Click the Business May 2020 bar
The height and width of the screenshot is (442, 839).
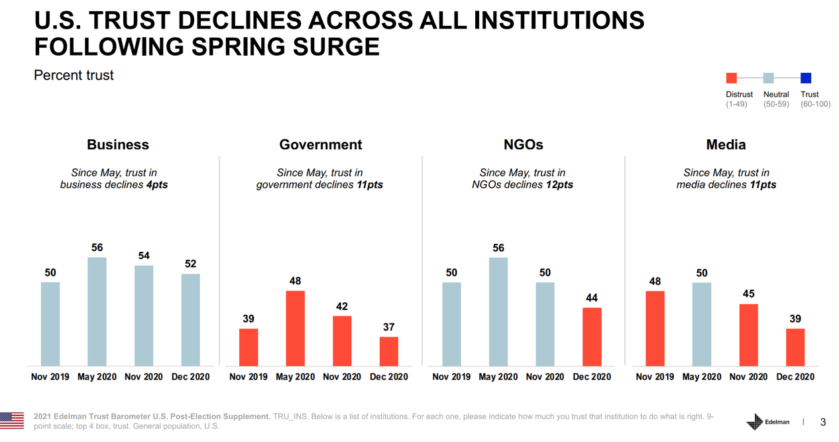(97, 311)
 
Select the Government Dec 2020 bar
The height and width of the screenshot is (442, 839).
(389, 351)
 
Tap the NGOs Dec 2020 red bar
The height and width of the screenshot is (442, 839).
(592, 337)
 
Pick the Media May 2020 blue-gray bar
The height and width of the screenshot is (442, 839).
(702, 324)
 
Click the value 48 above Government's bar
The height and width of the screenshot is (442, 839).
(295, 281)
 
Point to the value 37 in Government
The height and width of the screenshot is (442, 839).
(389, 327)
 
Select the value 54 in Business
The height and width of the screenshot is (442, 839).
(144, 256)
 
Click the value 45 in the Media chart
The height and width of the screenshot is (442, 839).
(748, 294)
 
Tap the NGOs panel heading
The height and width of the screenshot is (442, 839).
(523, 144)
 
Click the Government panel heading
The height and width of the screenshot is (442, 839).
(321, 144)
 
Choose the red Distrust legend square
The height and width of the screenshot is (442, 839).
(732, 78)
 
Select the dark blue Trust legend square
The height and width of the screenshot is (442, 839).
(806, 78)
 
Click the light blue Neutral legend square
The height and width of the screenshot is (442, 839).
(769, 78)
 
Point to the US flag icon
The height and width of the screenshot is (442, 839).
(12, 420)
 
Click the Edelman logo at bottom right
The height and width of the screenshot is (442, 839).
(767, 422)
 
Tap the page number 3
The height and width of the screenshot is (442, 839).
(823, 422)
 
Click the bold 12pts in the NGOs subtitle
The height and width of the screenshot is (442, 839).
(559, 185)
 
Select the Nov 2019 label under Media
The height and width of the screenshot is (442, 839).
(655, 376)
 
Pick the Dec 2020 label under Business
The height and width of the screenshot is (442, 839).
(190, 376)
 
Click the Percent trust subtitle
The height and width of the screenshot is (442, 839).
(74, 76)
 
